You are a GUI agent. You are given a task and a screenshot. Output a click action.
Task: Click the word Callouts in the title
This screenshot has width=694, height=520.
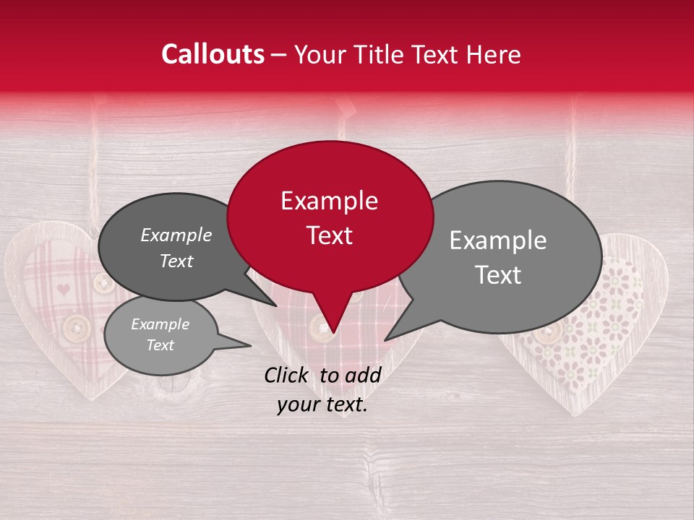click(x=213, y=54)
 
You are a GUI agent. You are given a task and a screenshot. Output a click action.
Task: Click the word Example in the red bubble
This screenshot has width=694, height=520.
click(x=329, y=201)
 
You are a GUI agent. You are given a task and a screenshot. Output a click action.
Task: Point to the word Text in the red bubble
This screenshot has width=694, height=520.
click(x=329, y=235)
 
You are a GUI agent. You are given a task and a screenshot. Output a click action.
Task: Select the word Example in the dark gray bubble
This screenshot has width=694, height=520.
click(x=176, y=235)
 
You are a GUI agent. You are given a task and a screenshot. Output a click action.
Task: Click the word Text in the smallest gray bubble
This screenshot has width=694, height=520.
click(x=160, y=345)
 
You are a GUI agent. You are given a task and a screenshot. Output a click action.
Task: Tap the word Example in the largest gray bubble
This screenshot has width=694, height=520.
click(x=498, y=240)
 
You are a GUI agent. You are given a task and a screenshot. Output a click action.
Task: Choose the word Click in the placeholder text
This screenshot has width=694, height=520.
click(x=288, y=375)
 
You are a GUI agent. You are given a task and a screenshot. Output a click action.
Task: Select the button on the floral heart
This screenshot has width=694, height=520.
click(x=549, y=332)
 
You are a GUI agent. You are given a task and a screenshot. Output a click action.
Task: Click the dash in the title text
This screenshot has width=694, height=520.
click(x=279, y=55)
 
